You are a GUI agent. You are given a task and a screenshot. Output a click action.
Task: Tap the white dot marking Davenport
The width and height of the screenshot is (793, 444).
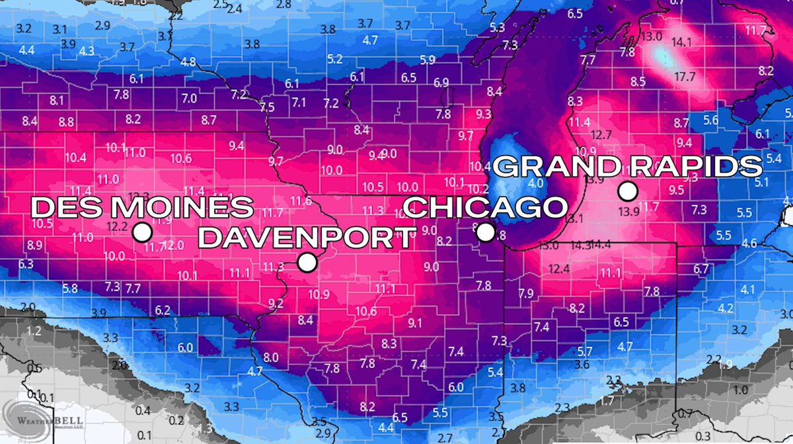(307, 263)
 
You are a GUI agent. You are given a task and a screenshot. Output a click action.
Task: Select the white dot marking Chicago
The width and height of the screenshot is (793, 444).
(486, 232)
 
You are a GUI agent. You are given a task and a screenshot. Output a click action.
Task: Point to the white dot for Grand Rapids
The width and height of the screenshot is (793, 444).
(627, 192)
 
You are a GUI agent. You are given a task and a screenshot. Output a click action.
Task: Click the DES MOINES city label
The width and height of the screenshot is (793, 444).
(142, 208)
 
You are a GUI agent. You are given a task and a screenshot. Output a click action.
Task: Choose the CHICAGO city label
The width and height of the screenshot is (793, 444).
(486, 207)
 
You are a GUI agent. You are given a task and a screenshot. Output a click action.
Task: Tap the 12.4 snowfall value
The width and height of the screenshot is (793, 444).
(558, 269)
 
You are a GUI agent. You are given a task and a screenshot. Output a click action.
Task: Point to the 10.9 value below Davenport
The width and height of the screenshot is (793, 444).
(319, 294)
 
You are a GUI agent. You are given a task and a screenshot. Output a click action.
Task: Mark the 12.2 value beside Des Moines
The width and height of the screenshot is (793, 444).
(116, 226)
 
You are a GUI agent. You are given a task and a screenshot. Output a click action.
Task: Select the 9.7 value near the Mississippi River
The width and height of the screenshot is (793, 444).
(276, 161)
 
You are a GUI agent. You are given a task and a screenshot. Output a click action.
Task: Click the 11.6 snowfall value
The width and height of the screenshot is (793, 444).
(301, 200)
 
